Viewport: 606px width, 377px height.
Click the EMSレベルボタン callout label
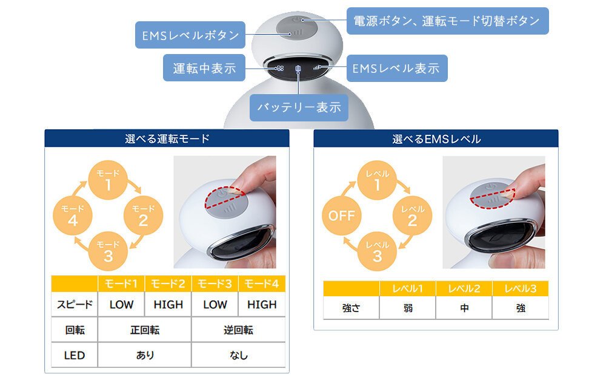(190, 35)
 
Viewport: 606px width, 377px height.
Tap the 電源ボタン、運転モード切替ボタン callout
(448, 21)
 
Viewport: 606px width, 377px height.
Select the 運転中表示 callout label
(204, 68)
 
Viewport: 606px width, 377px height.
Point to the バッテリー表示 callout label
(299, 107)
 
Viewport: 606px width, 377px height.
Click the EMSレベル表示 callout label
(397, 68)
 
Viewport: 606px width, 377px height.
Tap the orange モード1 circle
(108, 180)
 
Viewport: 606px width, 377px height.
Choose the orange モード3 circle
(108, 251)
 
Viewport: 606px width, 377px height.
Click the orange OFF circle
(342, 216)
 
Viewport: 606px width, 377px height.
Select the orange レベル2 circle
(412, 216)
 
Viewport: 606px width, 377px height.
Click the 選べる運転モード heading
(167, 138)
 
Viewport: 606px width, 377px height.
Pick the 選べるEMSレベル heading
(436, 139)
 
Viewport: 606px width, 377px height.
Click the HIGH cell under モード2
(168, 305)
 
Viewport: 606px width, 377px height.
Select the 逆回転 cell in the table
(238, 330)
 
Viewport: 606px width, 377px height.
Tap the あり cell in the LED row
(145, 355)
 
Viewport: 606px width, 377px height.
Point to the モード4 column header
(262, 284)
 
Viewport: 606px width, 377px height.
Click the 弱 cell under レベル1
(408, 308)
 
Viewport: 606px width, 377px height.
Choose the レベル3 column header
(521, 288)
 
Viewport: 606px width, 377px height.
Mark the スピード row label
(75, 305)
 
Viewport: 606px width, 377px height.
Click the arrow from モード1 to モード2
(135, 186)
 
